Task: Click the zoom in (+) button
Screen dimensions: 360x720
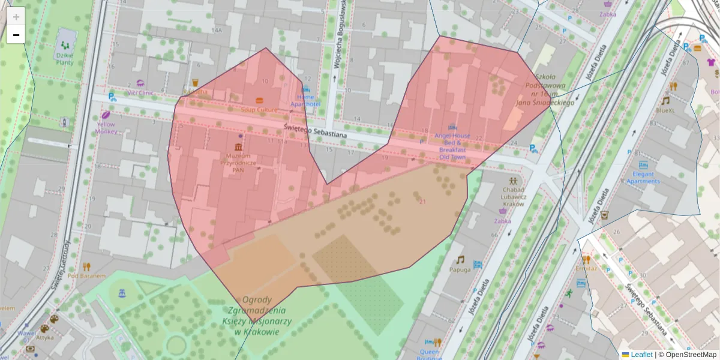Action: pos(16,16)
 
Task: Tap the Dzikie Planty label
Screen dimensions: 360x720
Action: pos(64,58)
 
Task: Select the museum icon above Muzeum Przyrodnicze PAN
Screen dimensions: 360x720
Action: pos(239,147)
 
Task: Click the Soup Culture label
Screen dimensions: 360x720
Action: pos(259,110)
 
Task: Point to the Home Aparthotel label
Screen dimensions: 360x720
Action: pos(305,100)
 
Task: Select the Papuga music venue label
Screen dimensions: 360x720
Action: pos(460,269)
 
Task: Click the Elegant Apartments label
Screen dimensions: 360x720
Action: pos(643,178)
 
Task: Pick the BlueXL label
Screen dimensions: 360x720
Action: pos(665,110)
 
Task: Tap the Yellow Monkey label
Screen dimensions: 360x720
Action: pos(106,128)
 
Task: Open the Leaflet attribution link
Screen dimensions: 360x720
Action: pos(641,355)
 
